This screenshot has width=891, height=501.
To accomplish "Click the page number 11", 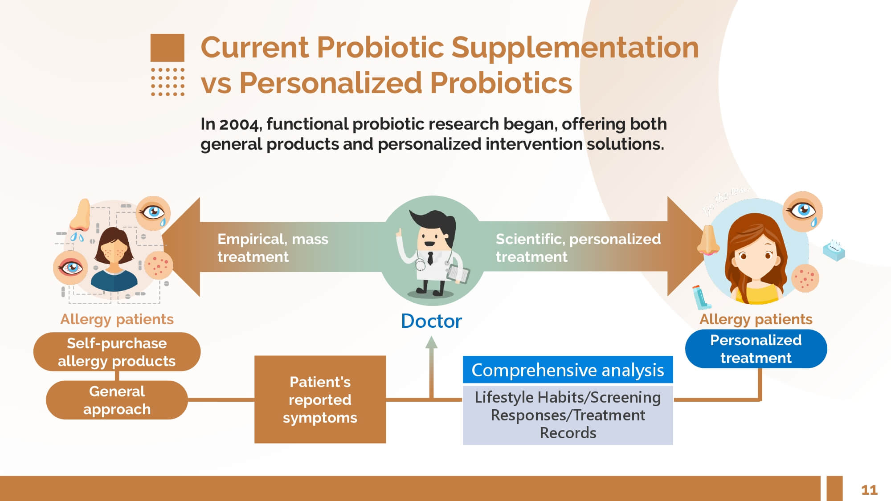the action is coord(869,490).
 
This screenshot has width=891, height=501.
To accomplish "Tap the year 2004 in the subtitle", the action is coord(239,124).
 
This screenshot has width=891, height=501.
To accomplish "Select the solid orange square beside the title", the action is coord(167,48).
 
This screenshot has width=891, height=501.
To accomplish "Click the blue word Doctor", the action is coord(431,321).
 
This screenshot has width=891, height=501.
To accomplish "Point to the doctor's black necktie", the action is coord(430,258).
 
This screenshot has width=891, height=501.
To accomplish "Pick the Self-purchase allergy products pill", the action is coord(117,352).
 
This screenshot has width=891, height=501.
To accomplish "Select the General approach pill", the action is coord(117,400).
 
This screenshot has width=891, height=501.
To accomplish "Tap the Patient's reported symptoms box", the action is coord(320,399).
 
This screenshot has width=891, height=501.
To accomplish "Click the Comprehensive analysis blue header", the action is coord(568,370).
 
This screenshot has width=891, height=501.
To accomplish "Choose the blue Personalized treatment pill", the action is coord(756,349).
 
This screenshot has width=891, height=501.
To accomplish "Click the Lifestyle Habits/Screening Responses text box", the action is coord(568,415).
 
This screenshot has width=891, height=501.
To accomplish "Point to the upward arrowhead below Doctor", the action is coord(431,342).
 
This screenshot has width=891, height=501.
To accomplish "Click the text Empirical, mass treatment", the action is coord(273,248).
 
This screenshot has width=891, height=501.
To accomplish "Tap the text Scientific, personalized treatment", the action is coord(578,248).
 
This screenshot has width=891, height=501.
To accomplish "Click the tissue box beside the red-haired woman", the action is coord(834,251).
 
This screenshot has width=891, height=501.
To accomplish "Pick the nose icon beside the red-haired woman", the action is coord(708,240).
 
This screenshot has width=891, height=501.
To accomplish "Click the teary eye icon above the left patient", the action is coord(153,213).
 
